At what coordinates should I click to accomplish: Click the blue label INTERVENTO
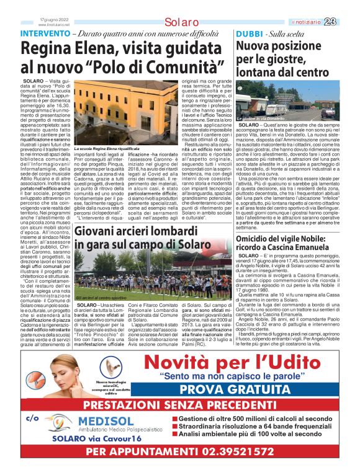pyautogui.click(x=45, y=33)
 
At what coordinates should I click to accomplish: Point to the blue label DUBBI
pyautogui.click(x=249, y=33)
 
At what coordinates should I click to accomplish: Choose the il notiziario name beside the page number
pyautogui.click(x=323, y=22)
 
